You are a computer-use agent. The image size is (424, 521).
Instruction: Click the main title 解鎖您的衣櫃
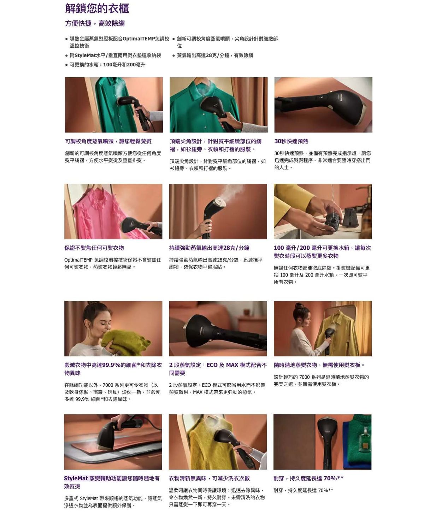[x=97, y=8]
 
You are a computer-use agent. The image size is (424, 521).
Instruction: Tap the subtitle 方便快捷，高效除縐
[x=95, y=23]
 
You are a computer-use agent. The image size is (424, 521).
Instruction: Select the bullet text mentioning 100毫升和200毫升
[x=108, y=65]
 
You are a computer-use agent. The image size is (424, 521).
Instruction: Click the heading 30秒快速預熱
[x=291, y=141]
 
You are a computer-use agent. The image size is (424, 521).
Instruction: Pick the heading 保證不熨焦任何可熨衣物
[x=94, y=248]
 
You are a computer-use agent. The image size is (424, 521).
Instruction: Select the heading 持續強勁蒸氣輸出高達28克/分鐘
[x=209, y=248]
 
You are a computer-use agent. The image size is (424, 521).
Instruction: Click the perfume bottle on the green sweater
[x=364, y=439]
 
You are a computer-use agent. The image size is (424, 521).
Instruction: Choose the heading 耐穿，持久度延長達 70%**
[x=308, y=478]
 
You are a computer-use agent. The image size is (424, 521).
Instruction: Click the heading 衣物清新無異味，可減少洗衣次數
[x=209, y=478]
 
